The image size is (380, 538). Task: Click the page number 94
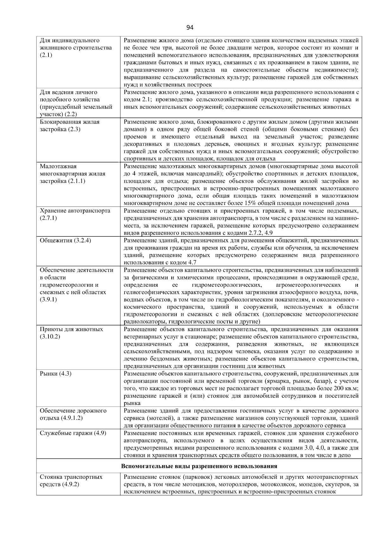(x=190, y=28)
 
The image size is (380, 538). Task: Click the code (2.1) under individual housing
(x=46, y=55)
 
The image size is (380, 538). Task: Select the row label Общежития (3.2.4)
(x=66, y=240)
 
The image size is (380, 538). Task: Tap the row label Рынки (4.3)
(x=56, y=374)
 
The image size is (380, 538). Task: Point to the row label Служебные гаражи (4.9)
(x=73, y=433)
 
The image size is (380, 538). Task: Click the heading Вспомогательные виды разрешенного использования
(x=199, y=466)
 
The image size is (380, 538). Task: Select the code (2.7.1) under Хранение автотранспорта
(x=48, y=218)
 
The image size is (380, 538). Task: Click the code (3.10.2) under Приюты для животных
(x=50, y=336)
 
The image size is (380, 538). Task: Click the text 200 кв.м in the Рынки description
(x=346, y=388)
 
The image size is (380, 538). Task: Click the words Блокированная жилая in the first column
(x=70, y=122)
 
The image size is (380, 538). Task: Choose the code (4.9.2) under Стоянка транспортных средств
(x=71, y=484)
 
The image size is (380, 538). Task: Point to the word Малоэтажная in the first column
(x=58, y=166)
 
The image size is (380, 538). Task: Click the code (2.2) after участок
(x=72, y=114)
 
